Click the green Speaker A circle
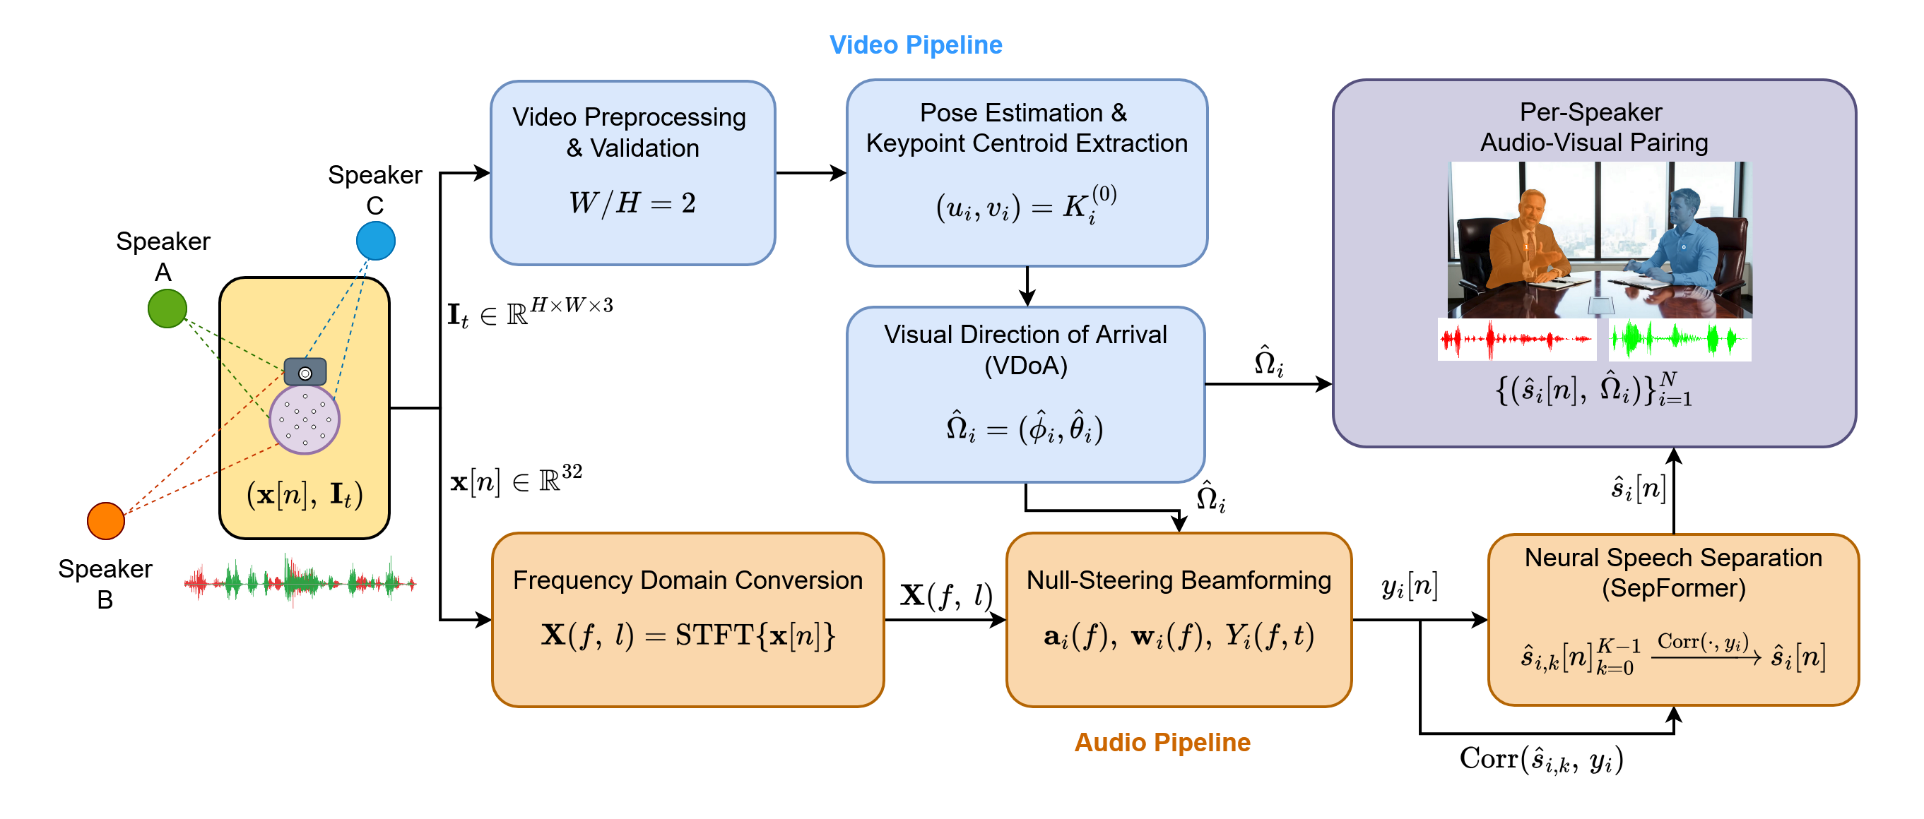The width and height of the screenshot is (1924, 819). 167,309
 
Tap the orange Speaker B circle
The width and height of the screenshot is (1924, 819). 105,520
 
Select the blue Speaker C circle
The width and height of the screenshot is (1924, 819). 375,240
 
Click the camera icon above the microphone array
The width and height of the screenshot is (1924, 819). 305,372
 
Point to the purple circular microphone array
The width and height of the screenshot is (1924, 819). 304,419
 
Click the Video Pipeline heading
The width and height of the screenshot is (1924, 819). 915,44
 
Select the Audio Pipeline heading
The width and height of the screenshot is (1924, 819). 1162,742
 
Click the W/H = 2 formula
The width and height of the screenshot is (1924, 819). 632,203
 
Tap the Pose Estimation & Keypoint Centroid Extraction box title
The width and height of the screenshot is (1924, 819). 1026,128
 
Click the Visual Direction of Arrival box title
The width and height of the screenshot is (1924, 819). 1025,349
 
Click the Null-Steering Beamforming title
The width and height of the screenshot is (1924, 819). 1178,580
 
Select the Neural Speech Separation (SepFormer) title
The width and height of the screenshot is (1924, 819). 1672,573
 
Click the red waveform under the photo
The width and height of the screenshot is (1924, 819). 1516,340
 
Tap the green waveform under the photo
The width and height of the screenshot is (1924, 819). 1678,340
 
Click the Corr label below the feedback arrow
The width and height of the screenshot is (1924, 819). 1541,759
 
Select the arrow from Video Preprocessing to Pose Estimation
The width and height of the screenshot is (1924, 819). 810,173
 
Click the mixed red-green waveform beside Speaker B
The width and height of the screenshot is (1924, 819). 300,581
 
